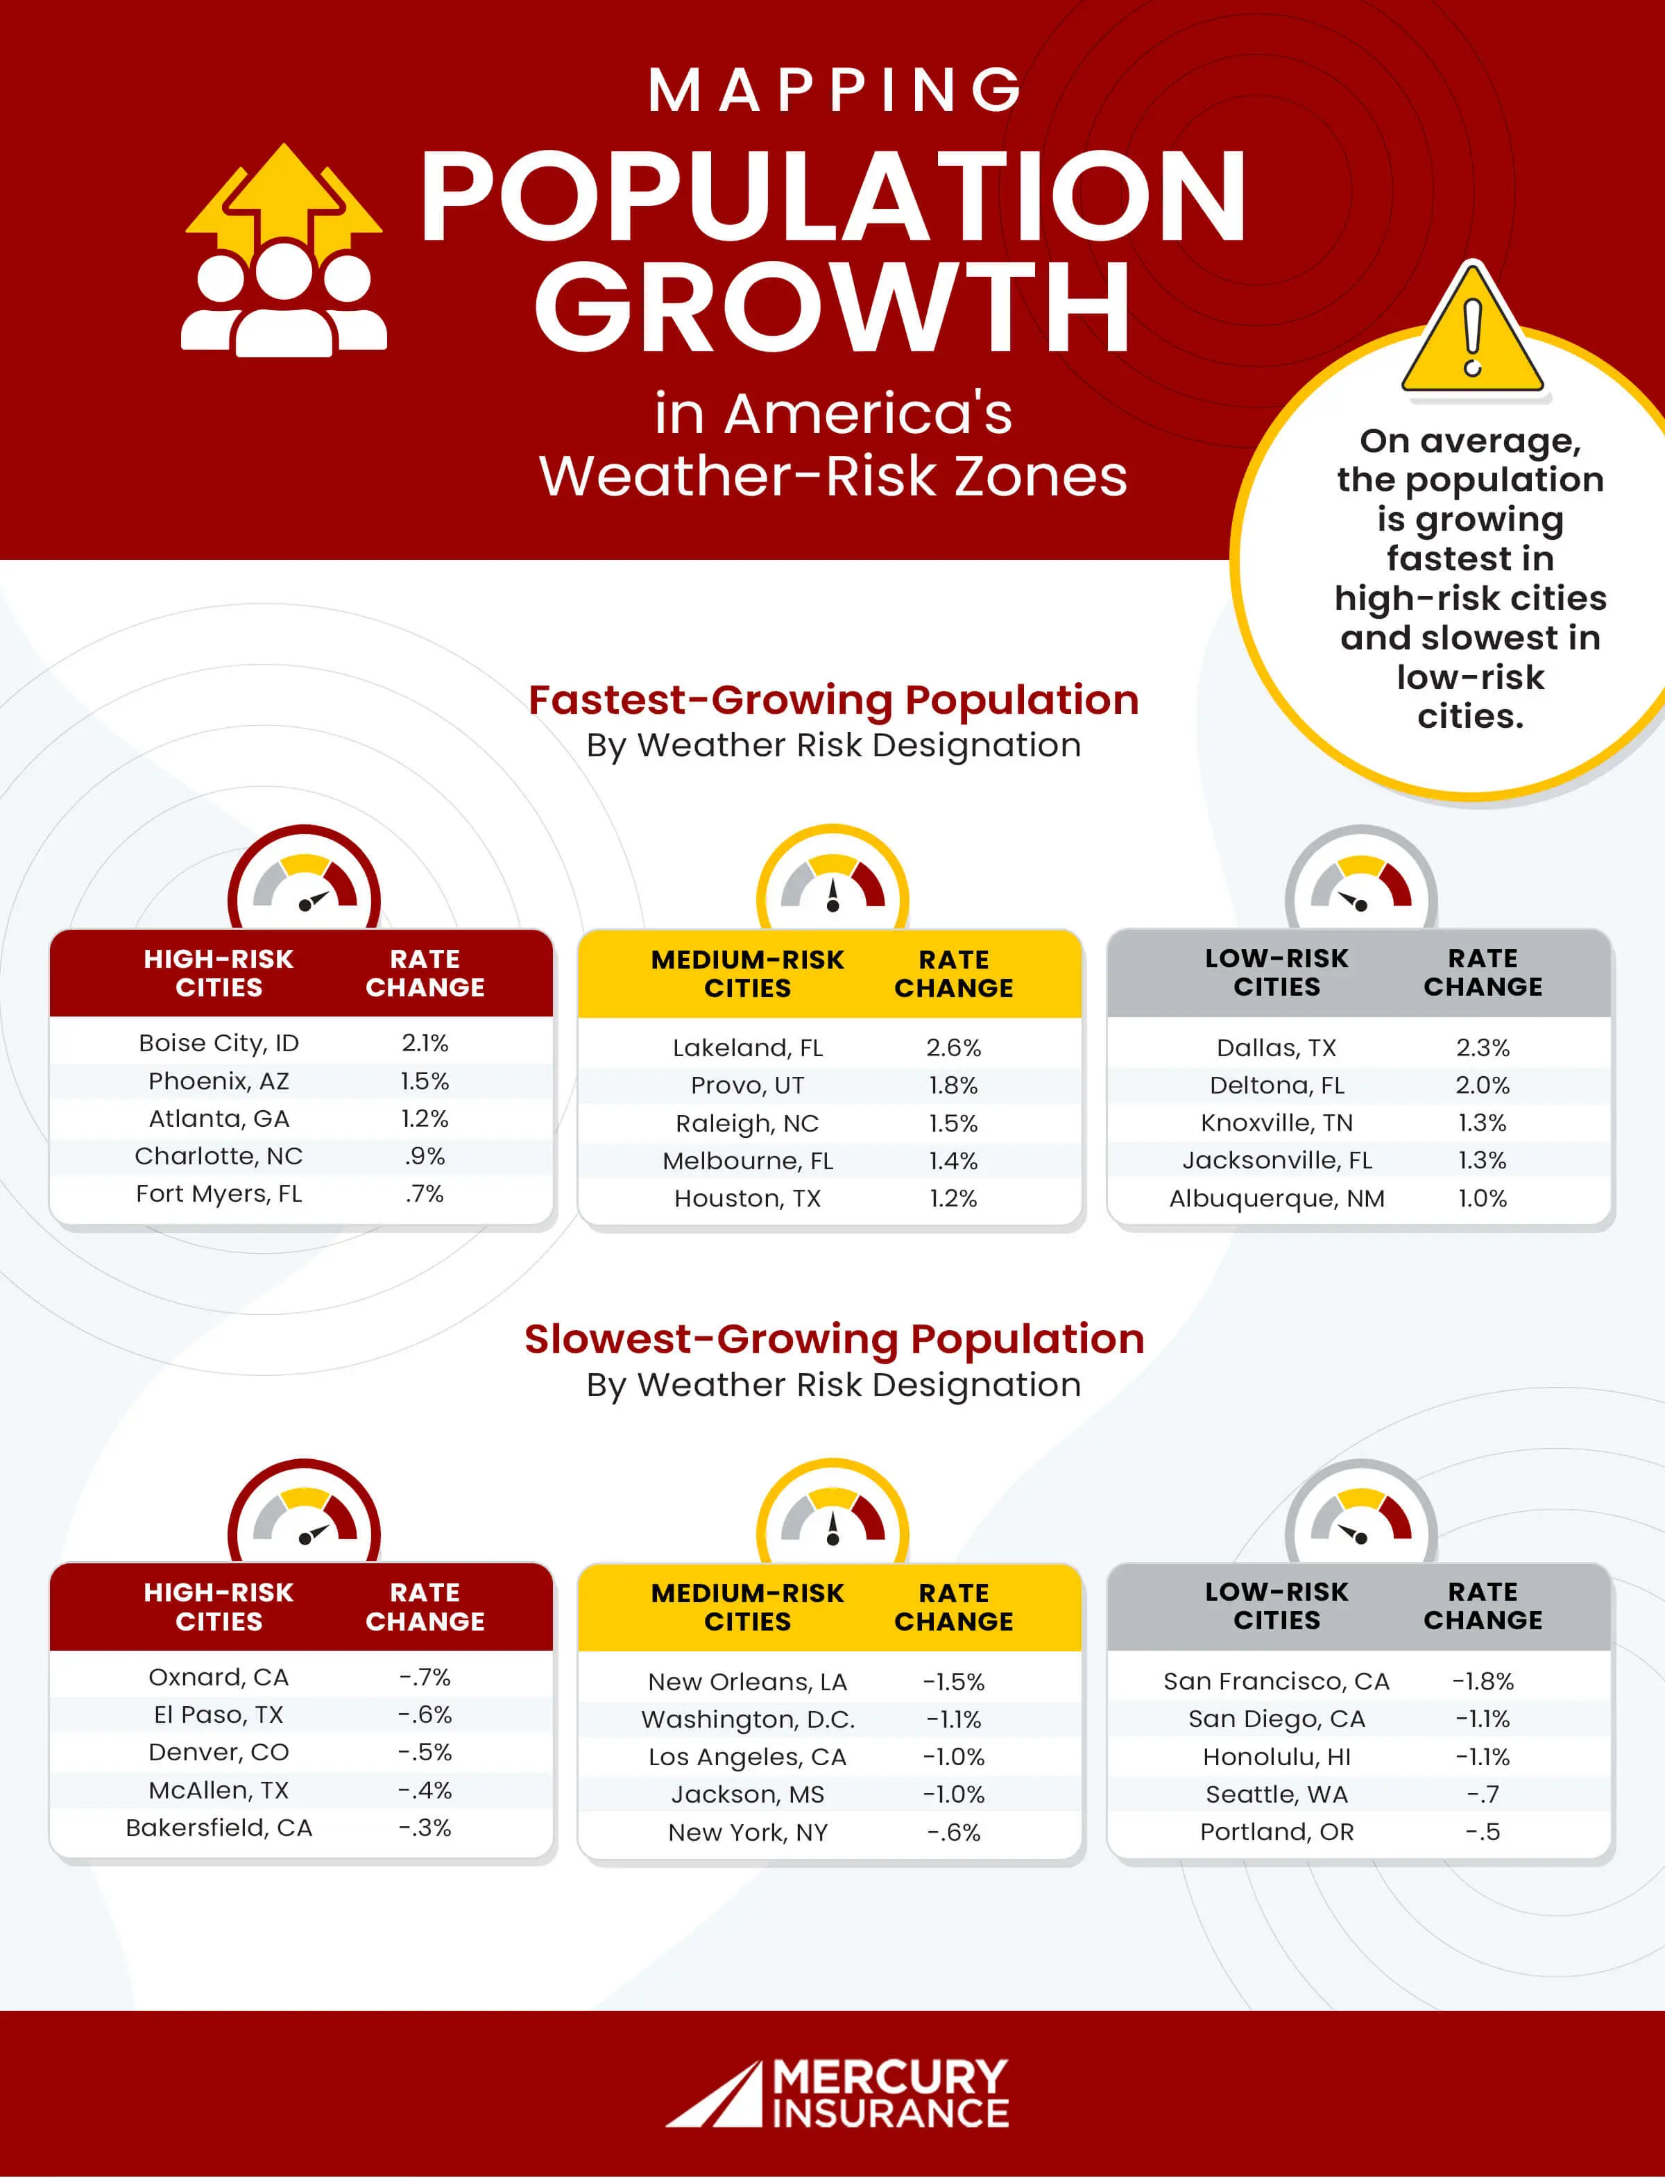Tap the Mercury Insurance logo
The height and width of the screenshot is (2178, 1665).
click(x=837, y=2093)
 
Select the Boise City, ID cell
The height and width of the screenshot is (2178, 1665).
click(x=219, y=1043)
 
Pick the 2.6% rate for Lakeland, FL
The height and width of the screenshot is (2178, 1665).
click(x=953, y=1048)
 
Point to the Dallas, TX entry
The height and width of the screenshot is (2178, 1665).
click(x=1276, y=1048)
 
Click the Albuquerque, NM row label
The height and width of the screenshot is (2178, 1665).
click(x=1276, y=1198)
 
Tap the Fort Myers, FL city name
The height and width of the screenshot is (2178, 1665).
click(x=219, y=1193)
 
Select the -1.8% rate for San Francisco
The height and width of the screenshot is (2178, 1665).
click(x=1483, y=1681)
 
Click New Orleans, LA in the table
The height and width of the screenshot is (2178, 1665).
click(x=747, y=1683)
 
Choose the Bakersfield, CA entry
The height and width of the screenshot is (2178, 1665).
click(x=219, y=1828)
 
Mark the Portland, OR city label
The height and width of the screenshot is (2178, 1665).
click(x=1276, y=1832)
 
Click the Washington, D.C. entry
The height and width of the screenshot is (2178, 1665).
click(x=747, y=1720)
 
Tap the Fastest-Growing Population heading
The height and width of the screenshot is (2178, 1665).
click(x=833, y=700)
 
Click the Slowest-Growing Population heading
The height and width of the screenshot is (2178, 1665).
click(x=833, y=1339)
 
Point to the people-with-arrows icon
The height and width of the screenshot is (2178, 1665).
click(x=284, y=252)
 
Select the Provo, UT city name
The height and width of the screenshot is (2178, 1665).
click(x=747, y=1085)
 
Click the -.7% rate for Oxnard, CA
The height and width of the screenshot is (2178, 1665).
click(x=425, y=1677)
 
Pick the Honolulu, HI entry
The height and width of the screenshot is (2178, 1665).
click(x=1276, y=1757)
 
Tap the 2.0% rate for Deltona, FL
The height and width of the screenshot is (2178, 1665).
click(x=1483, y=1085)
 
